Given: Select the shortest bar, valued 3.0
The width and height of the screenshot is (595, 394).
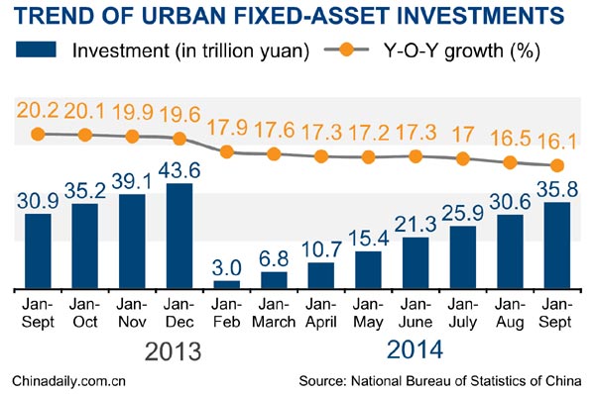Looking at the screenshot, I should click(226, 284).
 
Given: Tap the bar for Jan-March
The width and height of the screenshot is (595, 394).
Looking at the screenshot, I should click(274, 279).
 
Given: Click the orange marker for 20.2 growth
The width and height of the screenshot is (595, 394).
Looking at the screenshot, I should click(38, 134).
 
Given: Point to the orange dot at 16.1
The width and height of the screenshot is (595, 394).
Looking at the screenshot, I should click(557, 165).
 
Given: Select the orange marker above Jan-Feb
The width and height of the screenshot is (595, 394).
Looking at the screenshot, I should click(226, 151).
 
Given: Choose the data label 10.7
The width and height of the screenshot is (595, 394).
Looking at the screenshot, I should click(321, 246).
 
